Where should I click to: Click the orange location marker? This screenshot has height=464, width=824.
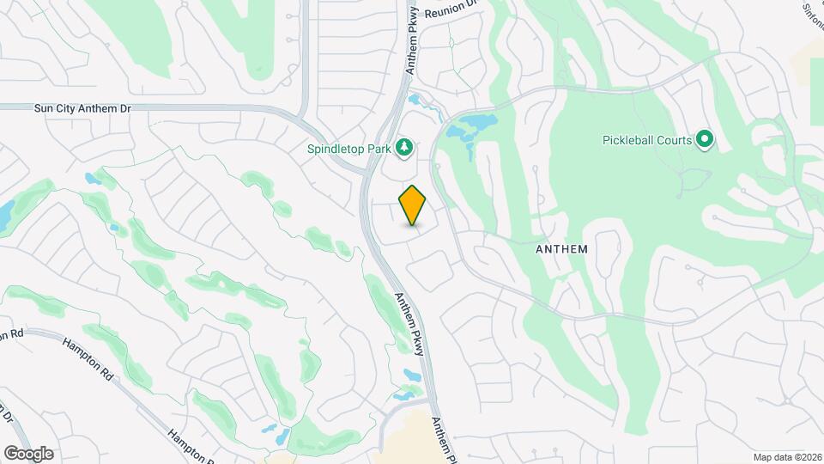pyautogui.click(x=413, y=205)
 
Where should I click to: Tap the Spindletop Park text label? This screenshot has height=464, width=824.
pyautogui.click(x=349, y=149)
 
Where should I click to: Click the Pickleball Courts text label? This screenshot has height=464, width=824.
pyautogui.click(x=647, y=139)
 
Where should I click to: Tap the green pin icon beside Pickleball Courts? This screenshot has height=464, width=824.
pyautogui.click(x=705, y=138)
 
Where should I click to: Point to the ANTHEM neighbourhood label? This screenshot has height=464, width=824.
pyautogui.click(x=561, y=249)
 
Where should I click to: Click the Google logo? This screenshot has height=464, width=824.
pyautogui.click(x=27, y=453)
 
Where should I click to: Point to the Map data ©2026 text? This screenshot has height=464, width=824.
pyautogui.click(x=786, y=457)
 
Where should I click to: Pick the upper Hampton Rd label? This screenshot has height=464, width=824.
pyautogui.click(x=88, y=360)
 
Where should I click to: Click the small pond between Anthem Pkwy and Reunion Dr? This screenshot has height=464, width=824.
pyautogui.click(x=415, y=100)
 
